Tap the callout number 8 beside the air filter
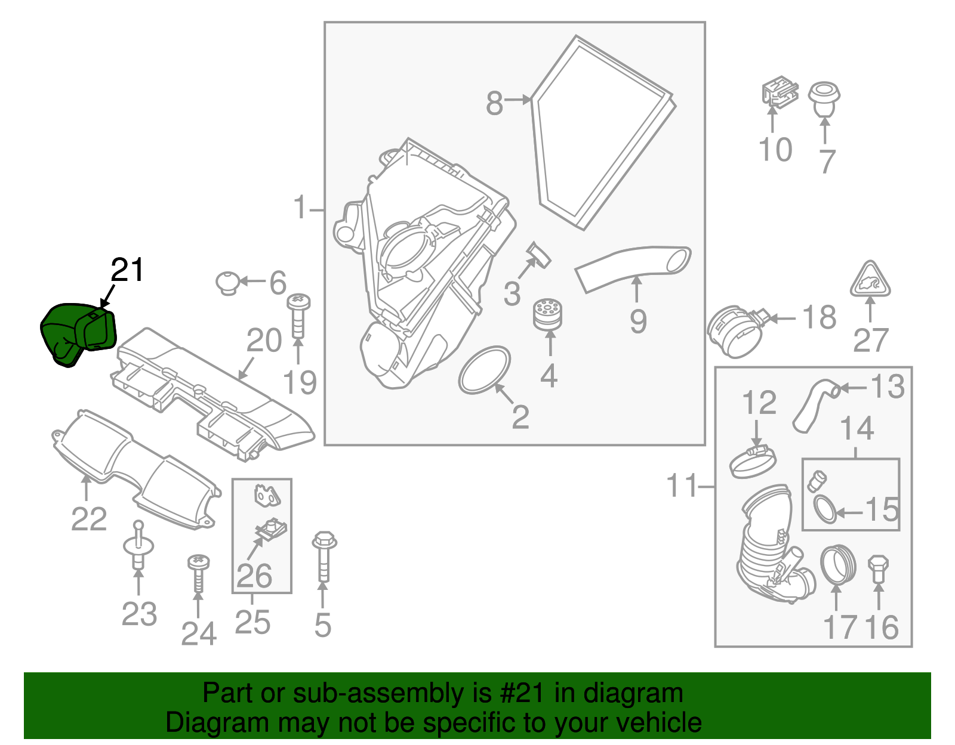coord(494,103)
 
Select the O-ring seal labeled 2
coord(485,370)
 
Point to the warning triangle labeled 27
coord(870,280)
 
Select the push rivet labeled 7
coord(824,100)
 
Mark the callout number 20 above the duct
coord(264,341)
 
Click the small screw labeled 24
coord(198,573)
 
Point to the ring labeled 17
coord(838,564)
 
